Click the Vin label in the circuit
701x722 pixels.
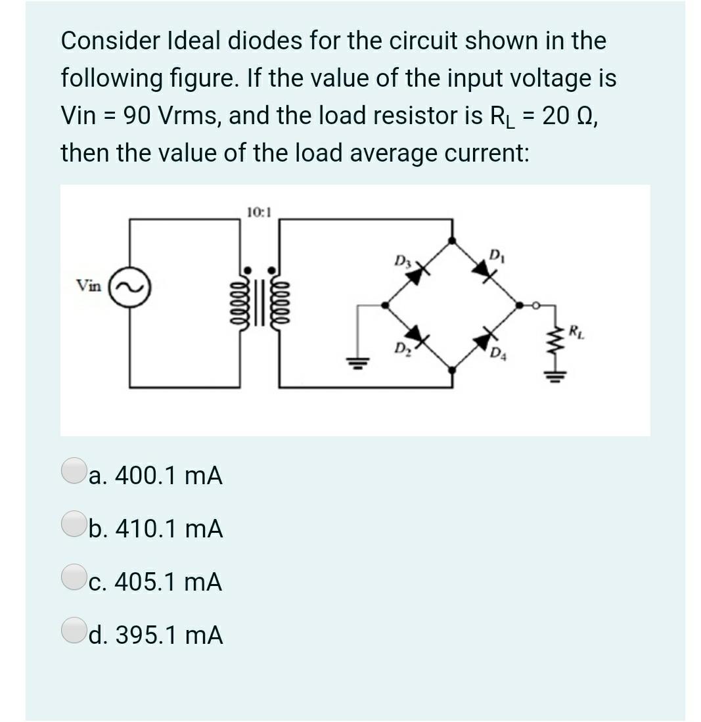89,286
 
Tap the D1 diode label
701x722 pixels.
497,254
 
